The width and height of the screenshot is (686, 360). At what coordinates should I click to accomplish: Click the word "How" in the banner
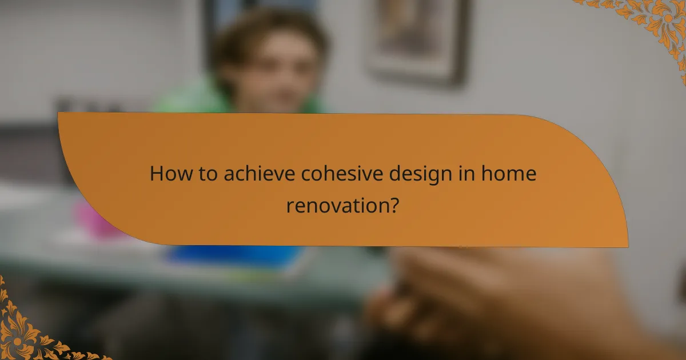(167, 174)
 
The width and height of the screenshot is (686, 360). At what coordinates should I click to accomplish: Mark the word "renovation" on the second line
(336, 205)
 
